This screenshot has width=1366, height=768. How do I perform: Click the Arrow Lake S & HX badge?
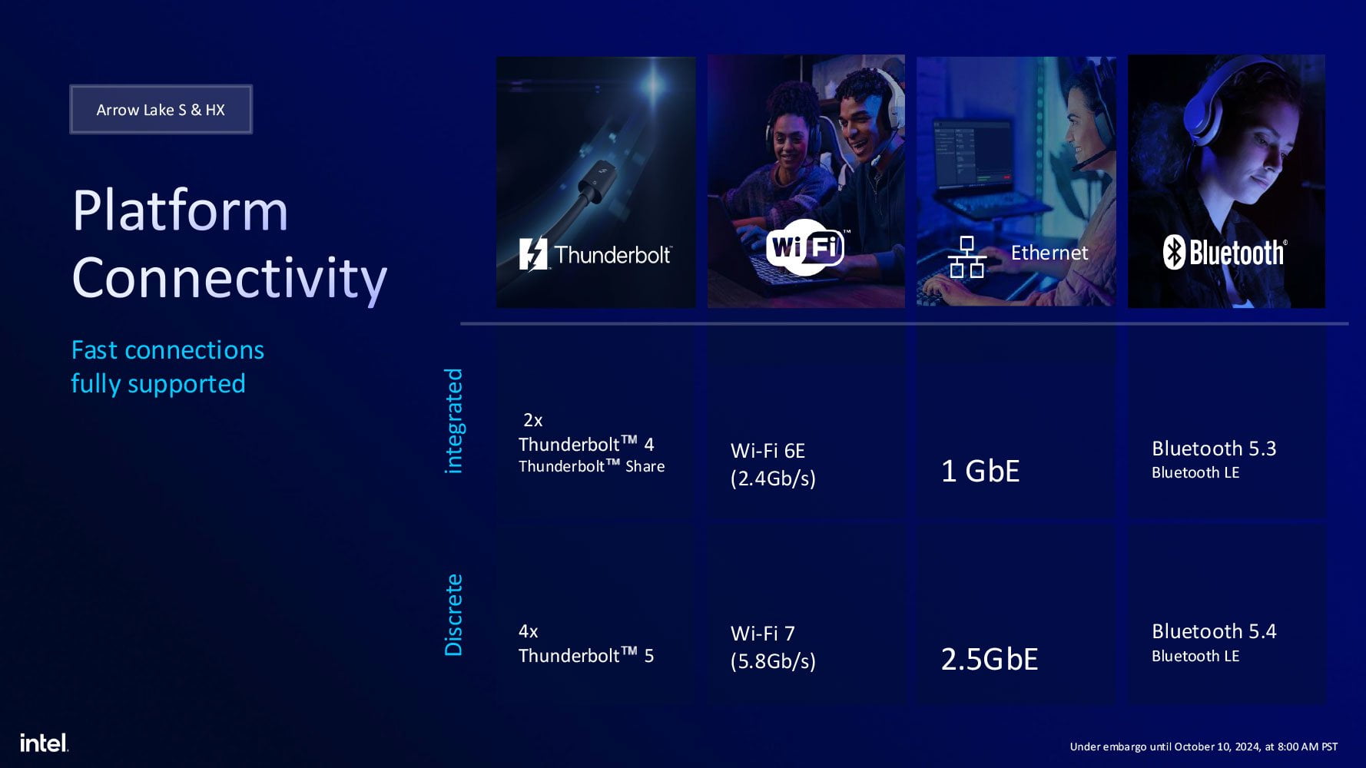point(161,109)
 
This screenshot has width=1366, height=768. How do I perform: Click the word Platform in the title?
point(180,210)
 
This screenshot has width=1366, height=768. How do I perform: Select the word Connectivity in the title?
point(229,279)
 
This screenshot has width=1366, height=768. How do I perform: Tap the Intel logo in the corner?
point(44,743)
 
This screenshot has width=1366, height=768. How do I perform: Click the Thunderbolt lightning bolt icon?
point(533,254)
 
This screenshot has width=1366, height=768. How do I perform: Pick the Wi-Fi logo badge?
point(805,247)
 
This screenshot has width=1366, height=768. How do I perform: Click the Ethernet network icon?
point(966,257)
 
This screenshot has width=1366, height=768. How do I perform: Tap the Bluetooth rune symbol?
point(1174,252)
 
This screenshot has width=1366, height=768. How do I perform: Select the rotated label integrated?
point(454,421)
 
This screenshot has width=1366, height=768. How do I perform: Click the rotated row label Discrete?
point(454,614)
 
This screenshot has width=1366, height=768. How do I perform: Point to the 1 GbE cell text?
point(980,471)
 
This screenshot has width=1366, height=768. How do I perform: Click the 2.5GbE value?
point(990,659)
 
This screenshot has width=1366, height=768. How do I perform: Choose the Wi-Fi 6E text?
point(768,451)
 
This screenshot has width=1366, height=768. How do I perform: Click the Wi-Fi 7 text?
point(763,634)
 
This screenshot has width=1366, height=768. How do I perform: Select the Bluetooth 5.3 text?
point(1214,449)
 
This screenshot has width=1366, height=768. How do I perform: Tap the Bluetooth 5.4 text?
point(1214,631)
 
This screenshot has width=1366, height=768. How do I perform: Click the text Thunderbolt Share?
point(592,466)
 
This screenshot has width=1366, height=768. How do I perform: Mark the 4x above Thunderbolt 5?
point(529,631)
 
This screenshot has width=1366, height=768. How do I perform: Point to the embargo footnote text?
point(1204,746)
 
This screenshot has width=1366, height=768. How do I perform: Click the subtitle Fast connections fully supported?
point(167,367)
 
